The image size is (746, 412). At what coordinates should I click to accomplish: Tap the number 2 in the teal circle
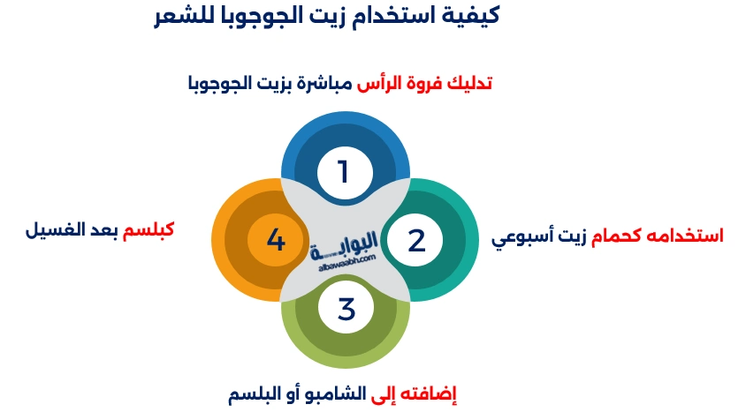point(416,241)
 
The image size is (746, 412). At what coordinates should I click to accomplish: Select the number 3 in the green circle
point(346,310)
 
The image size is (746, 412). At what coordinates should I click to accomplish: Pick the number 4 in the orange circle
point(275,240)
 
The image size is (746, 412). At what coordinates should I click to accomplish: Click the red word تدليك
point(468,84)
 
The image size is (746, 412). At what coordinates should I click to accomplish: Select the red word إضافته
point(436,392)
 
